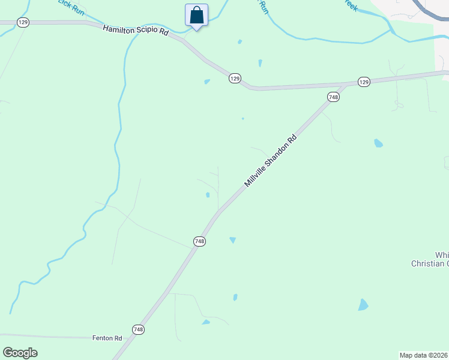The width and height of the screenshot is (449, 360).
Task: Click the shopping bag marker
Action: (x=196, y=16)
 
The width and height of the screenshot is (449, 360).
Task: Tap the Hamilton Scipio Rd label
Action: (x=136, y=30)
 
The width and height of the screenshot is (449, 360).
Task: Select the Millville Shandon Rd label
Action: (x=271, y=160)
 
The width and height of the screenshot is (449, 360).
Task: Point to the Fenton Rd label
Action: (x=107, y=338)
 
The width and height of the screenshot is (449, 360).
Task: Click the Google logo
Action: (x=20, y=353)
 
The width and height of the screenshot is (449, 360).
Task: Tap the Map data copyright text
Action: (x=424, y=355)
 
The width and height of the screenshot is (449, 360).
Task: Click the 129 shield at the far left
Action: (x=23, y=22)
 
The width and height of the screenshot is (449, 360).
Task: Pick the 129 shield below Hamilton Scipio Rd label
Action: (x=235, y=78)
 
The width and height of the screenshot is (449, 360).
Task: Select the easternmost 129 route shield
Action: (x=363, y=82)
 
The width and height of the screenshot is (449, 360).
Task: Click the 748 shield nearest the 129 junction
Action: (x=333, y=97)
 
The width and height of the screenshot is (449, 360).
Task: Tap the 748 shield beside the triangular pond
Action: (x=200, y=241)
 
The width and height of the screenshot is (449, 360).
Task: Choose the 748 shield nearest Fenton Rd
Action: (x=139, y=329)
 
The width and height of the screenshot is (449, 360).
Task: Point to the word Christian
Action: (x=430, y=263)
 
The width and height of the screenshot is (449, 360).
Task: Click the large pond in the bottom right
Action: (x=363, y=305)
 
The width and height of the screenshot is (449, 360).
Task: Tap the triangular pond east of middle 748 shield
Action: (x=232, y=240)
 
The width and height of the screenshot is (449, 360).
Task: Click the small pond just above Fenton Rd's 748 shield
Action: (x=206, y=322)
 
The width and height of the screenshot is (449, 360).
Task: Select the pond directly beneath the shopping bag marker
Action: (x=207, y=82)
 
